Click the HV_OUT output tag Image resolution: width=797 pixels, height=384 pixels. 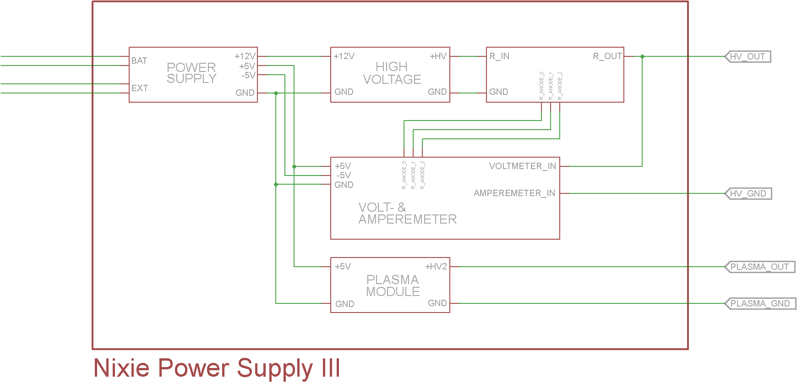[x=748, y=56]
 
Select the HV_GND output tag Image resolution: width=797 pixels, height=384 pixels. [x=748, y=193]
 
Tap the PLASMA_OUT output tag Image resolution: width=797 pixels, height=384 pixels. [x=759, y=267]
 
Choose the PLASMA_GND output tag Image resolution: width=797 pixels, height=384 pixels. [x=760, y=303]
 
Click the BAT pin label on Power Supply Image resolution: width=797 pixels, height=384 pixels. [x=139, y=60]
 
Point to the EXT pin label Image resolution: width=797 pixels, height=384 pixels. [x=140, y=88]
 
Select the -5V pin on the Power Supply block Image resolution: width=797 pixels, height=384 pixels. [x=248, y=75]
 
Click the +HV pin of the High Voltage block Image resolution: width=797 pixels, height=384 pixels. [x=438, y=56]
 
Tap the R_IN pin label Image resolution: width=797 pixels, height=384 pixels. [x=499, y=56]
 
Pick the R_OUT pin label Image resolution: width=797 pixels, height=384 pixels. [x=607, y=56]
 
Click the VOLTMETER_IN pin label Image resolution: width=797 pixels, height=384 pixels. [x=523, y=166]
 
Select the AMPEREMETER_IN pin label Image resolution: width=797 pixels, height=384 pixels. [x=514, y=193]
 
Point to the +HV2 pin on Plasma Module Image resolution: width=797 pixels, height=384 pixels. [x=436, y=266]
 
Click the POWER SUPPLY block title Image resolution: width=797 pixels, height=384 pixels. [x=191, y=73]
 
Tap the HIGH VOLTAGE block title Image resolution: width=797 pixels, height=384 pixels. [x=392, y=73]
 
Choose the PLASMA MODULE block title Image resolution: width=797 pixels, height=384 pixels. [x=393, y=285]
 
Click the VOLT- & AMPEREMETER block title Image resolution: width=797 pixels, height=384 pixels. [x=407, y=213]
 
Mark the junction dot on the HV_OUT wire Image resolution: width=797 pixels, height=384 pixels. [x=642, y=56]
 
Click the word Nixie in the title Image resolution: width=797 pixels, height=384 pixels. [x=121, y=368]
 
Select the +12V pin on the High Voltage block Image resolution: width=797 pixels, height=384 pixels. [x=344, y=56]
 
